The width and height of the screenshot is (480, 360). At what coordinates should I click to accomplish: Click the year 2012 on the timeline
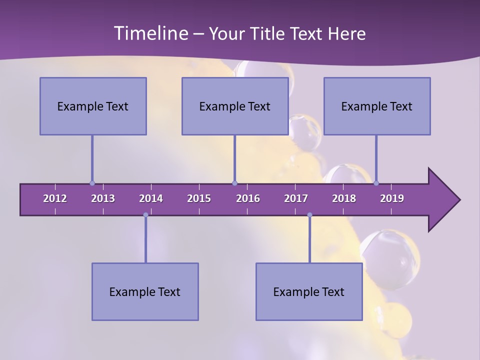point(55,198)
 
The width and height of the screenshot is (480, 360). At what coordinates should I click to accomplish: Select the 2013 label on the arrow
point(103,198)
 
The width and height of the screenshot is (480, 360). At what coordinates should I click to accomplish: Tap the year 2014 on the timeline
point(151,198)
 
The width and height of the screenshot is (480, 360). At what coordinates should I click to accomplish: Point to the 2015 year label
point(199,198)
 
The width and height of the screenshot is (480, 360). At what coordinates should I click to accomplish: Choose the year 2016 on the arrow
point(248,198)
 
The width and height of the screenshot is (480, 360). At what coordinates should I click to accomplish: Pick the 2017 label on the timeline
point(296,198)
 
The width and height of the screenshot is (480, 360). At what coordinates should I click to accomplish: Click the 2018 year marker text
point(344,198)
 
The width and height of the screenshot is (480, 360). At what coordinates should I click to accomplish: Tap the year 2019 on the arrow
point(392,198)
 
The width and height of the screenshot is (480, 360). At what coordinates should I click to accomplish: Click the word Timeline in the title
point(150,33)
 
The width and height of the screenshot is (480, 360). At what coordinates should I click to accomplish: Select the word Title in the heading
point(268,34)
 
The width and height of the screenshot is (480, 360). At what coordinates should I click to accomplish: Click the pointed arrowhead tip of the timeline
point(459,200)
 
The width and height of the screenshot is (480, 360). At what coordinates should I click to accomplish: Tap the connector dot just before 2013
point(92,183)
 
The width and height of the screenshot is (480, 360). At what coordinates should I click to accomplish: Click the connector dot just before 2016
point(235,183)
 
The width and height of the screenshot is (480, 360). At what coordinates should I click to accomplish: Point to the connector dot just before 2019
point(376,183)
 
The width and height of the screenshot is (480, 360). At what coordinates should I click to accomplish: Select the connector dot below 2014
point(145,215)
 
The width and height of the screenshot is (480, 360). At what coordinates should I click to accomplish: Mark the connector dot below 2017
point(309,215)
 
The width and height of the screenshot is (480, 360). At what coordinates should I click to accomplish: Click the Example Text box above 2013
point(93,106)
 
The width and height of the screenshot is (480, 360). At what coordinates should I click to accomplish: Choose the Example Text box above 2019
point(377,106)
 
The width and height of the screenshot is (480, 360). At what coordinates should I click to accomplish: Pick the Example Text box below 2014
point(145,291)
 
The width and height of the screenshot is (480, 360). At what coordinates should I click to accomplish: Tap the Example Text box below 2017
point(309,291)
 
